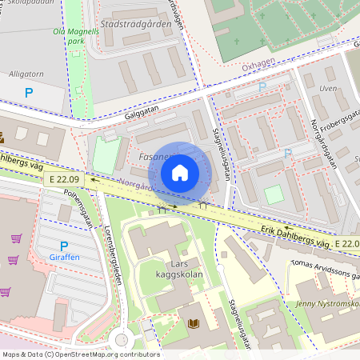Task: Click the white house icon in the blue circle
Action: pyautogui.click(x=180, y=173)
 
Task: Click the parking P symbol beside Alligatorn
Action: pyautogui.click(x=29, y=93)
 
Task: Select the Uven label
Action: pyautogui.click(x=327, y=88)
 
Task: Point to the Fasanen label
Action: pyautogui.click(x=154, y=158)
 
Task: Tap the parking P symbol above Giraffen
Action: pyautogui.click(x=64, y=246)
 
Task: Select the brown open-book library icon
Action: pyautogui.click(x=193, y=323)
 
